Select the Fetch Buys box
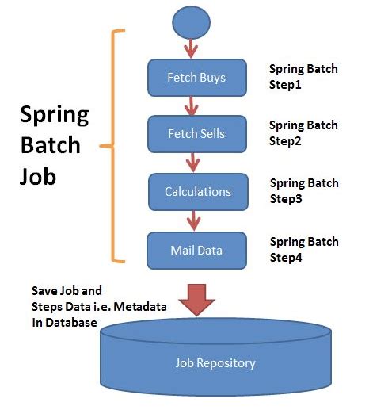196,78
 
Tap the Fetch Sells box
196,134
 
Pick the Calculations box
198,192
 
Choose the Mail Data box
196,251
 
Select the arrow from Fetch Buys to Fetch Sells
191,106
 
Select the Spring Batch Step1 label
303,75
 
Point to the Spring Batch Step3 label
304,190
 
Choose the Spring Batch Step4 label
304,248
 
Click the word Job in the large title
39,175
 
